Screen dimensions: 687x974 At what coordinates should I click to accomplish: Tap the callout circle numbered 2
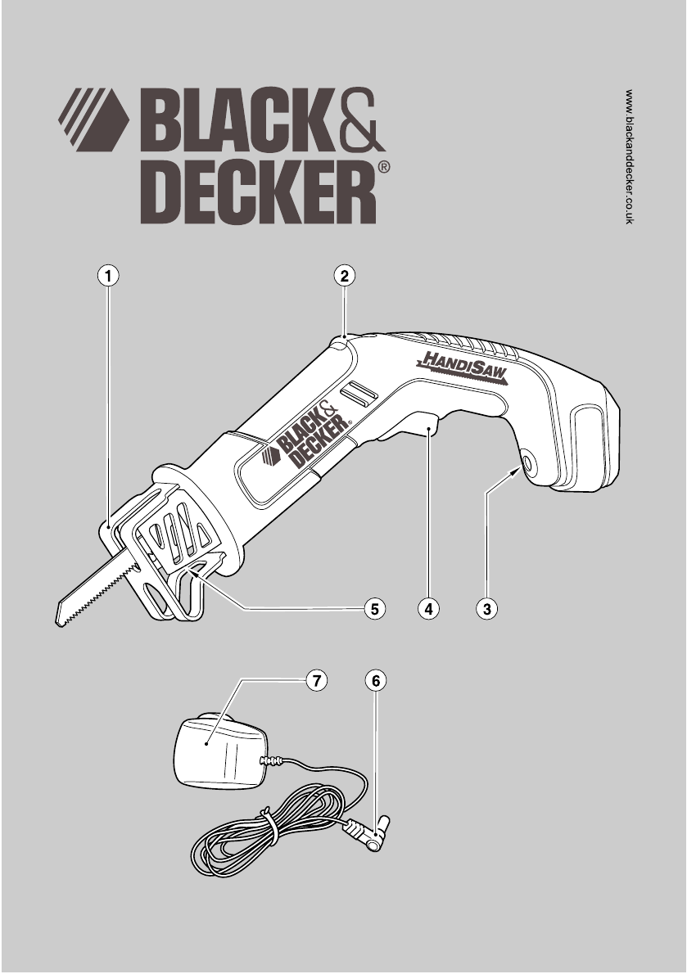pos(345,276)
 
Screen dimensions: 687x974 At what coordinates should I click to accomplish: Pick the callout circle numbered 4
pos(427,608)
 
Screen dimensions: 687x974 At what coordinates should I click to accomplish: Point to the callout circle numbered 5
pos(374,608)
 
